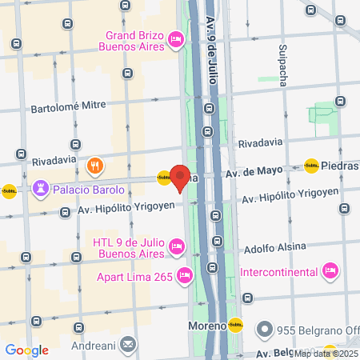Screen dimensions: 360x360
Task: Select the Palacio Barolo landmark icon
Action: pyautogui.click(x=40, y=189)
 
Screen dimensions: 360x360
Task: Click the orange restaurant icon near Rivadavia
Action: pyautogui.click(x=94, y=166)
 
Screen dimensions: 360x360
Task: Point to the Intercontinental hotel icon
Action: pyautogui.click(x=329, y=272)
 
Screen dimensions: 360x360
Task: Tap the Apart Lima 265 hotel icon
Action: pyautogui.click(x=185, y=276)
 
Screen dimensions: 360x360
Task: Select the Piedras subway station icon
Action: pyautogui.click(x=311, y=166)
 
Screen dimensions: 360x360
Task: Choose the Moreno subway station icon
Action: pyautogui.click(x=235, y=326)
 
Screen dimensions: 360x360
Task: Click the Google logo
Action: pyautogui.click(x=26, y=350)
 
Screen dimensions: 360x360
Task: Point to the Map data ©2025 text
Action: pyautogui.click(x=326, y=354)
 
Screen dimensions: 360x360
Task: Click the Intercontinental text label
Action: pyautogui.click(x=280, y=272)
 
